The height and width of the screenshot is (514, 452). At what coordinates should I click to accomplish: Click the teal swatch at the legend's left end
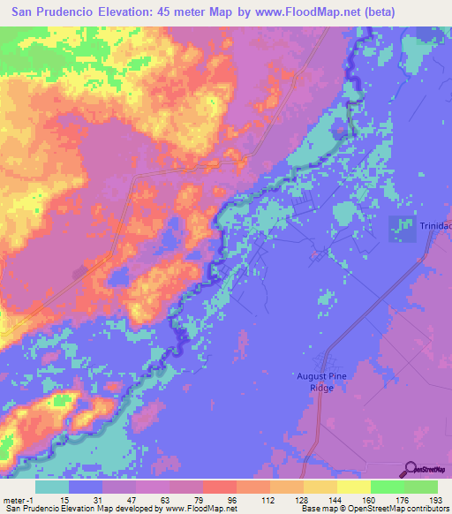click(52, 487)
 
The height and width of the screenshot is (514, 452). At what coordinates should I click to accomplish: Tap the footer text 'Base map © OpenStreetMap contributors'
click(373, 508)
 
